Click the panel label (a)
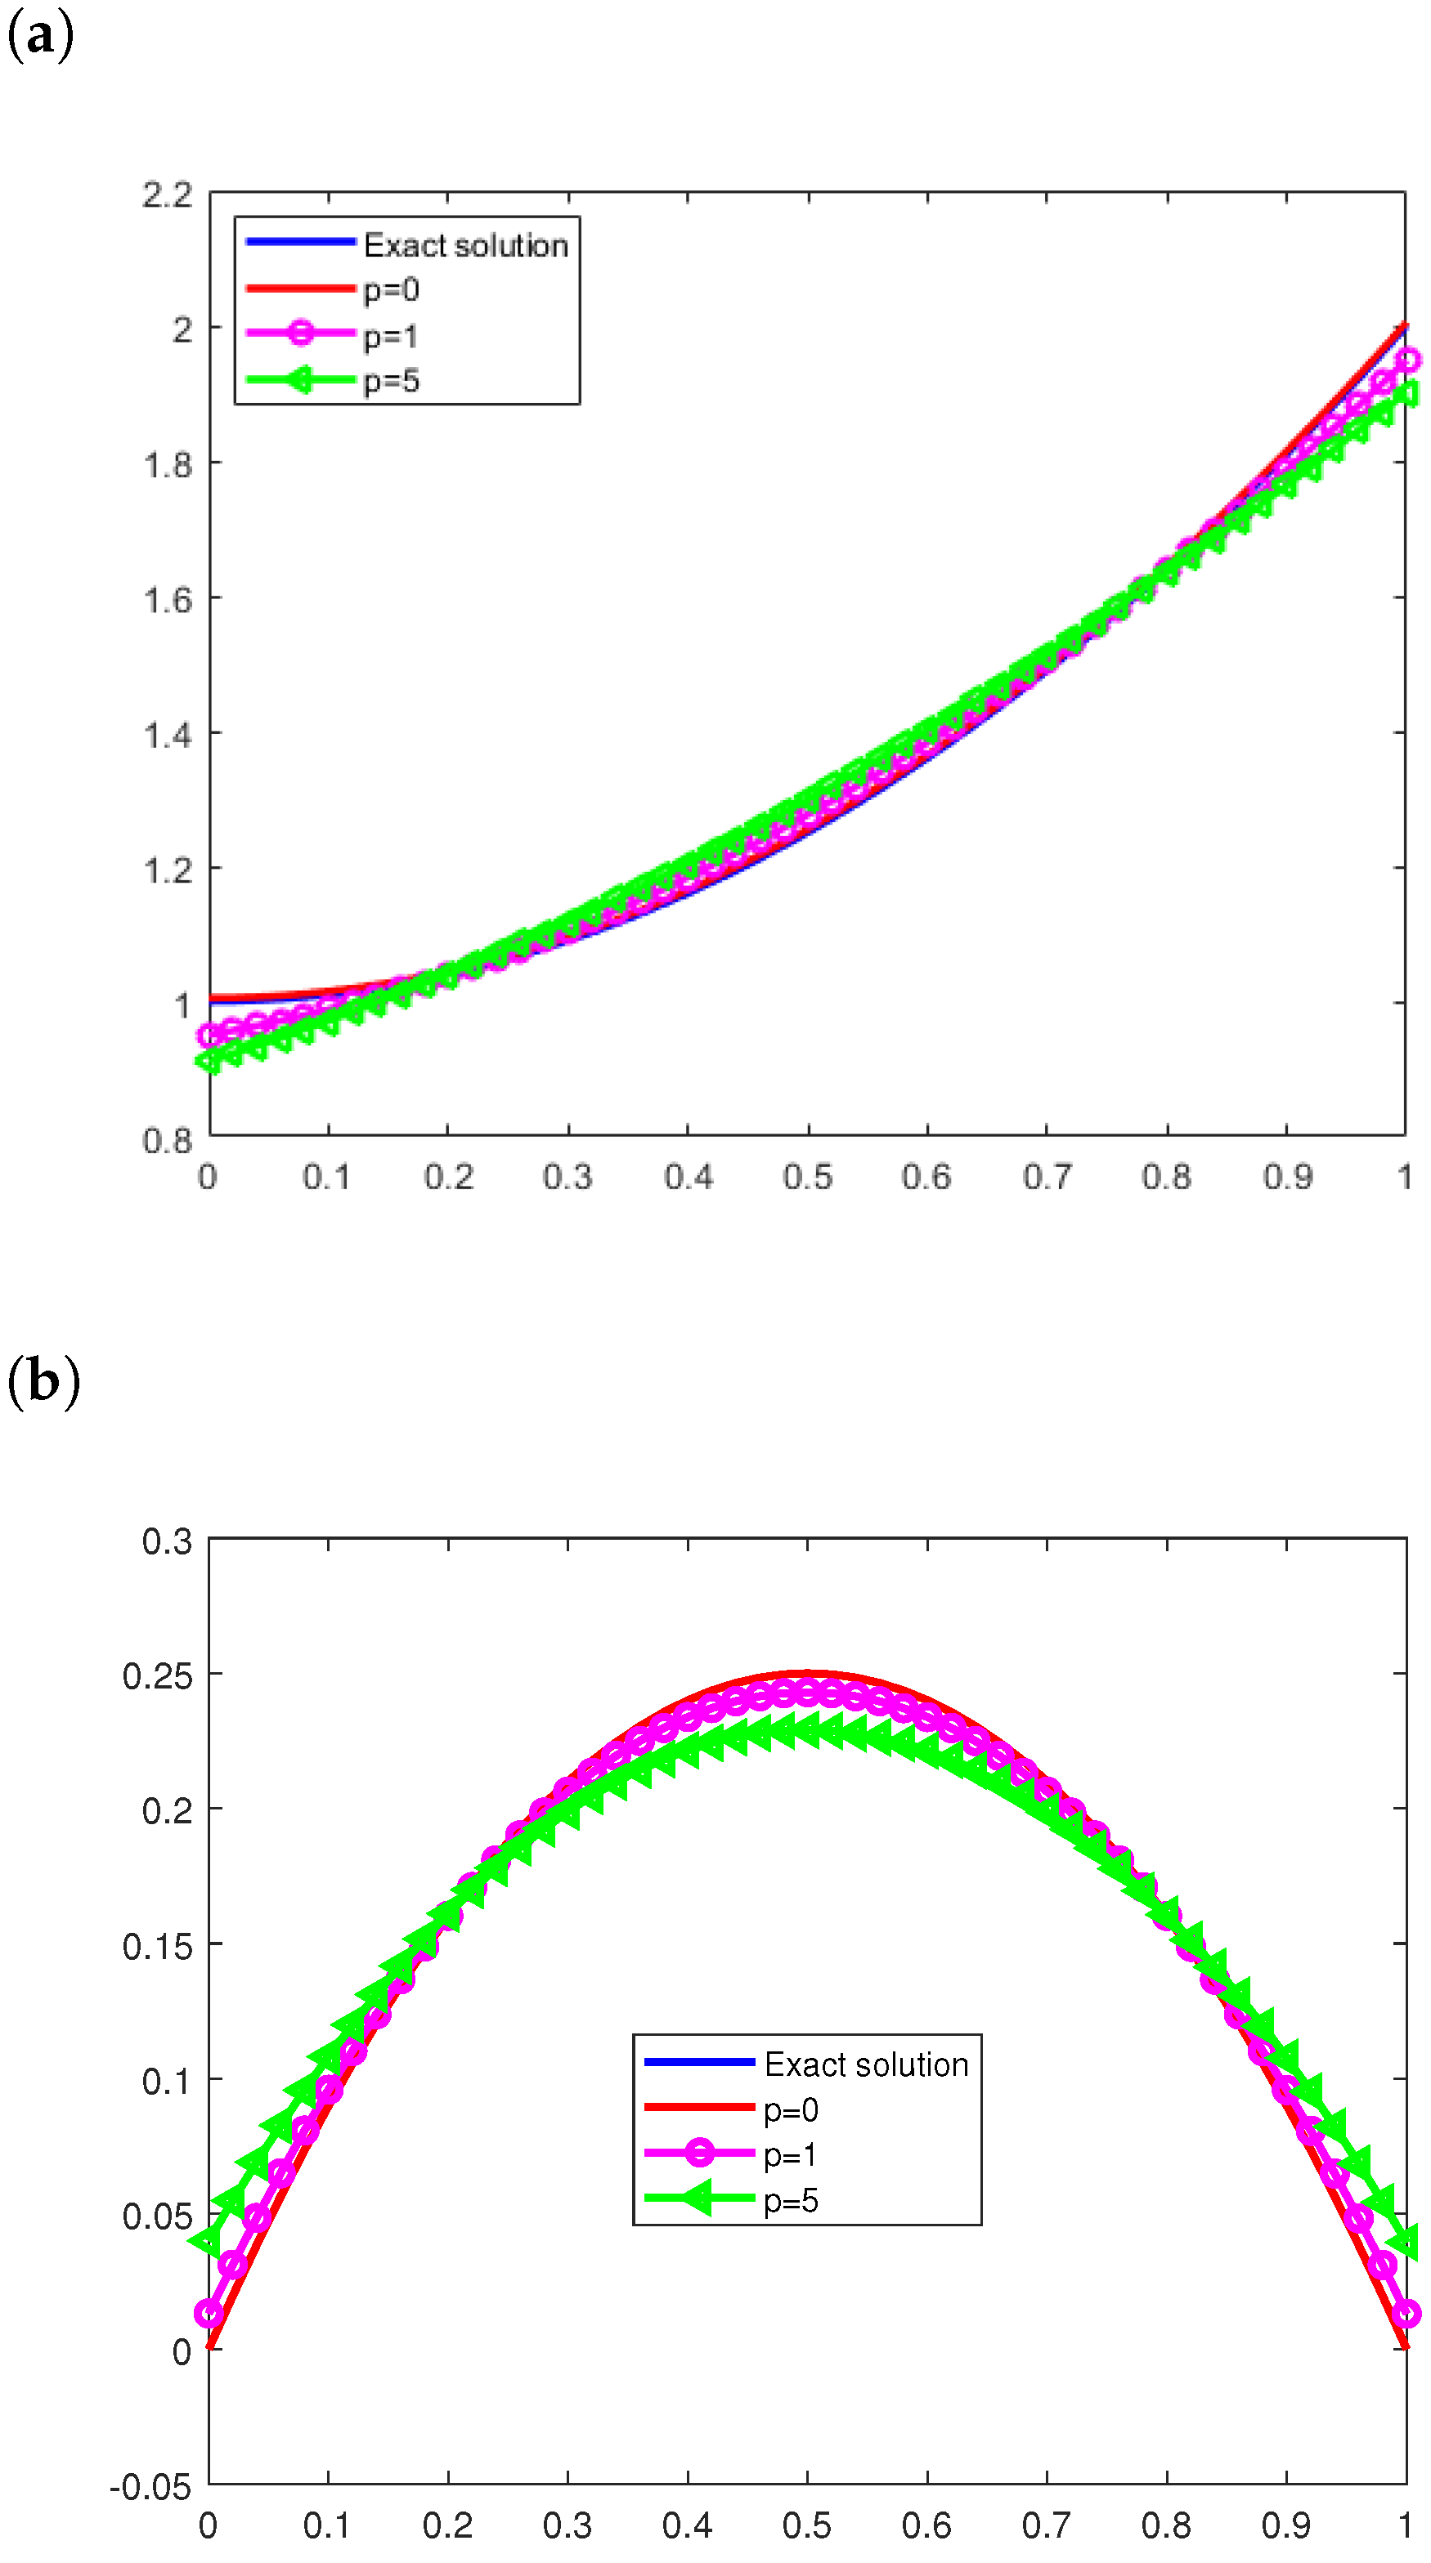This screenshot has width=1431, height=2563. tap(40, 38)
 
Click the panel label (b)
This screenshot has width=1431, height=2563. tap(43, 1382)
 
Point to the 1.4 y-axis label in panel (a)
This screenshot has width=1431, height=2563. tap(167, 736)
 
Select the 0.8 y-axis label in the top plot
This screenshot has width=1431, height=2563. tap(167, 1140)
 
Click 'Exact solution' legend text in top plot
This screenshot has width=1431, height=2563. tap(464, 244)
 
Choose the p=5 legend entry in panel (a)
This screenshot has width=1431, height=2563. tap(391, 381)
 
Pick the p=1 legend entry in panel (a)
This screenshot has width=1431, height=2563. tap(390, 336)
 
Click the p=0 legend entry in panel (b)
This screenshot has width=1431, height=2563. tap(790, 2109)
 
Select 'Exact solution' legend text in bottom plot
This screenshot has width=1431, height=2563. tap(866, 2064)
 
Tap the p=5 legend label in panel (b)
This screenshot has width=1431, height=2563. tap(790, 2200)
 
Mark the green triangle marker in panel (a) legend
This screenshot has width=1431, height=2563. tap(299, 380)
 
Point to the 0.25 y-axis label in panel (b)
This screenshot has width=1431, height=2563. tap(157, 1676)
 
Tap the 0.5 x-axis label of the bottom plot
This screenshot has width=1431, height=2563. tap(807, 2525)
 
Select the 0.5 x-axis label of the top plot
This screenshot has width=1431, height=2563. tap(807, 1178)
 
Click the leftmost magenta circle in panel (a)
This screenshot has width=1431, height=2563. tap(209, 1035)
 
